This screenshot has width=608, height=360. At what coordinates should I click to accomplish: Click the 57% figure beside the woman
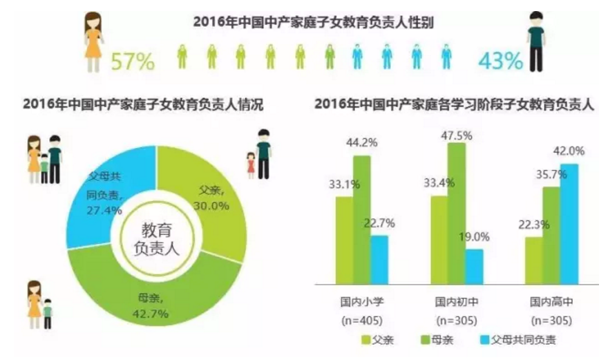point(133,61)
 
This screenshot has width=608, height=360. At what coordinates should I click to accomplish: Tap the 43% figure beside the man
point(500,61)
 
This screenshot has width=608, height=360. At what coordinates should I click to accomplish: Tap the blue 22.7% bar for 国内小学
point(379,259)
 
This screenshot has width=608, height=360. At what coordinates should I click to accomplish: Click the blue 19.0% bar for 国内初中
point(474,266)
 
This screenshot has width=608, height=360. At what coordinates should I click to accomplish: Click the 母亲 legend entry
point(442,339)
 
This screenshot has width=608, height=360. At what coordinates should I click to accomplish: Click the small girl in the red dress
point(251,165)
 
